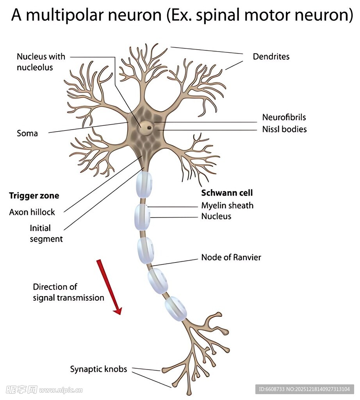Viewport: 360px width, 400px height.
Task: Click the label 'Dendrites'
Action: click(271, 57)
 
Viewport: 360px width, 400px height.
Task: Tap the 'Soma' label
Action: click(27, 134)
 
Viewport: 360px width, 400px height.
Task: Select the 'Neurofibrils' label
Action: click(284, 117)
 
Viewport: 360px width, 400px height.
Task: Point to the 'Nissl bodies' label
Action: click(284, 129)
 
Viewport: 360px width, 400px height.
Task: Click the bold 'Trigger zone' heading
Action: click(34, 196)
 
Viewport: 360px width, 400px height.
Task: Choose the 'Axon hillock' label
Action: click(32, 212)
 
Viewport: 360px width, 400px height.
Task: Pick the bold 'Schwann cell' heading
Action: click(227, 193)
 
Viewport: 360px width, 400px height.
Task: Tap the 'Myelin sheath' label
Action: click(227, 205)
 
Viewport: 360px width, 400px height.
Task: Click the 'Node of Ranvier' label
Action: click(231, 257)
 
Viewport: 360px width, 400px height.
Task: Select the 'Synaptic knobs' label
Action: click(98, 369)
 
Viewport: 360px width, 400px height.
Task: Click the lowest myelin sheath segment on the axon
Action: click(176, 308)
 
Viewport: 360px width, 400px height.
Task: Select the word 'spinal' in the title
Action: click(219, 16)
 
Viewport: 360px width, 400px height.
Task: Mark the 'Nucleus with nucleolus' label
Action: click(41, 62)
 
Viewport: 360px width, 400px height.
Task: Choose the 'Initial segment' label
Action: click(46, 233)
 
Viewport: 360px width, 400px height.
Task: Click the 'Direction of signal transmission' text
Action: click(68, 292)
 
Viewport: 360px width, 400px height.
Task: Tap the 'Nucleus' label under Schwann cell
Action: click(216, 216)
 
